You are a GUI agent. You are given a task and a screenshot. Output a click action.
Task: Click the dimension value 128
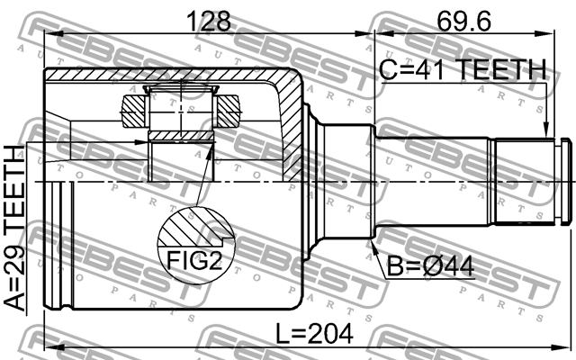[x=208, y=19]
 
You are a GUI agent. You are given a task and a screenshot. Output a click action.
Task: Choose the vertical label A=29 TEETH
[x=17, y=229]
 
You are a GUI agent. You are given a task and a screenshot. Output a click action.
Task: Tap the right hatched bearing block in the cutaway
[x=229, y=112]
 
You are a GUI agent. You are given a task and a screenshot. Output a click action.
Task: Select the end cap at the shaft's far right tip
[x=565, y=181]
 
